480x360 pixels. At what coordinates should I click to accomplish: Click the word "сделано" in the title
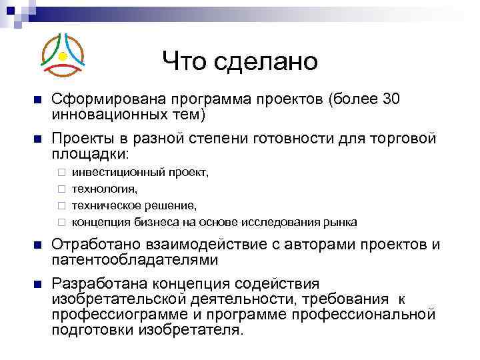[x=267, y=63]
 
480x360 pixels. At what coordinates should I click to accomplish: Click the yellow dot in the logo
[x=63, y=55]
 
